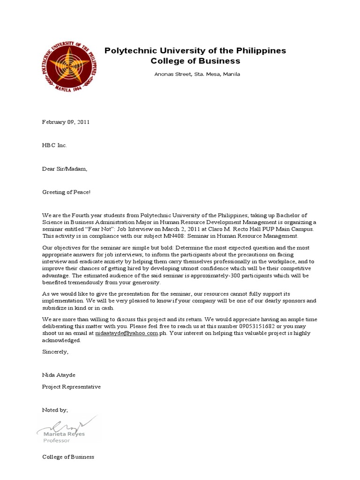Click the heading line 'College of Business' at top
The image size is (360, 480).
click(195, 61)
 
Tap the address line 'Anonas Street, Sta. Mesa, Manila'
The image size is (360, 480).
click(197, 75)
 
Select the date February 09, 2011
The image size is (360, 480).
click(66, 122)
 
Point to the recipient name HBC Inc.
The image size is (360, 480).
click(54, 145)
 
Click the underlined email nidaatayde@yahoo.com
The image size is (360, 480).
click(126, 333)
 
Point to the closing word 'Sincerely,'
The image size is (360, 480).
click(55, 352)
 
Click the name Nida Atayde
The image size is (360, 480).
click(59, 375)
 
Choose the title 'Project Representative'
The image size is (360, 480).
click(71, 387)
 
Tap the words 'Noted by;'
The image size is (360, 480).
click(55, 410)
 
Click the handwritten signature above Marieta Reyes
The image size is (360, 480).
click(68, 424)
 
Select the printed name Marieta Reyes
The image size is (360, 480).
click(65, 435)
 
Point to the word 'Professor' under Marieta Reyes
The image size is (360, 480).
click(57, 441)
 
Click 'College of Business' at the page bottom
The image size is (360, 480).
click(68, 457)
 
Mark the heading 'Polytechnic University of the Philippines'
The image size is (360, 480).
click(195, 51)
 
